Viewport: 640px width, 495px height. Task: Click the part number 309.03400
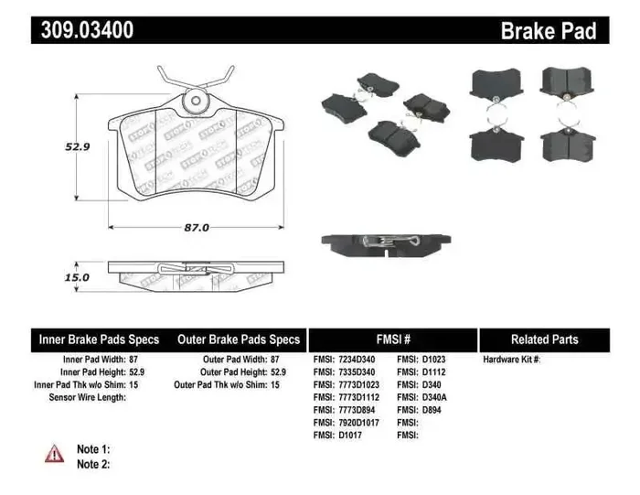tap(87, 30)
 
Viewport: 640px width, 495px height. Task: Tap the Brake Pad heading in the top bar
tap(548, 31)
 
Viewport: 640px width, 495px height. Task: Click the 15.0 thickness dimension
tap(76, 277)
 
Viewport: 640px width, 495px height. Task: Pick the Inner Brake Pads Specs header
tap(99, 339)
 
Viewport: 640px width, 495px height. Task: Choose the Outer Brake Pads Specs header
tap(239, 339)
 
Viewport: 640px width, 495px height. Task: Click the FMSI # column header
tap(393, 339)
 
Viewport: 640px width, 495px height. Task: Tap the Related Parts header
tap(543, 339)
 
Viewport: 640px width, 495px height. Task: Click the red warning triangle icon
tap(55, 454)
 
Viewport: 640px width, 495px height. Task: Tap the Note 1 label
tap(93, 449)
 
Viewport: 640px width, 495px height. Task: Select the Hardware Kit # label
tap(512, 360)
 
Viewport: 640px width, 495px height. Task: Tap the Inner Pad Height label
tap(101, 372)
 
